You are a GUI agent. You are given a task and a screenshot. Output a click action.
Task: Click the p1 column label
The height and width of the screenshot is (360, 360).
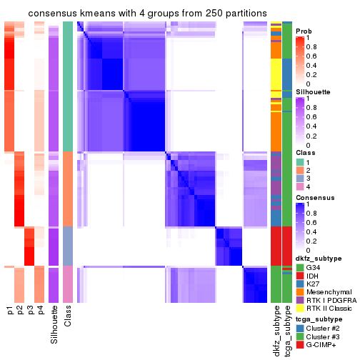(x=10, y=311)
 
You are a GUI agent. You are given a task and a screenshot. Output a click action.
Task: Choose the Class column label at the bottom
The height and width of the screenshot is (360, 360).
(x=68, y=317)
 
